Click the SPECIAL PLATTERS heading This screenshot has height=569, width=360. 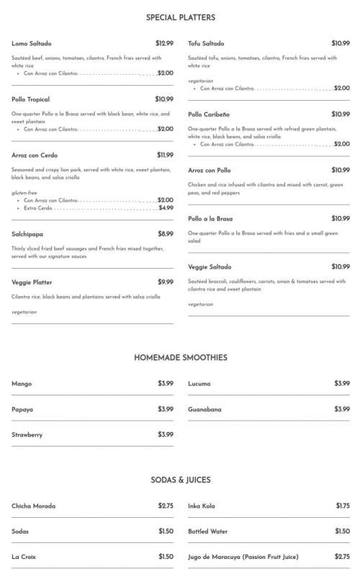click(180, 17)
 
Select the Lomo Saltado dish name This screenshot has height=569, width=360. click(32, 44)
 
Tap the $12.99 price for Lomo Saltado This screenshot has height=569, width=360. click(164, 44)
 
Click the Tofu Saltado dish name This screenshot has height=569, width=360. click(206, 44)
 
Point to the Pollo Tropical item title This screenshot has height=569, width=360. click(30, 99)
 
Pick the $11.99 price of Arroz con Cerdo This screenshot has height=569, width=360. click(165, 155)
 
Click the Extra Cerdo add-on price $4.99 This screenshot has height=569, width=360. click(166, 207)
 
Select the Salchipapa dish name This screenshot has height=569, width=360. click(27, 234)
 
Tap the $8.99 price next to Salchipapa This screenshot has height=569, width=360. click(166, 234)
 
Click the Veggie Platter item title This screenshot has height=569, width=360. click(32, 282)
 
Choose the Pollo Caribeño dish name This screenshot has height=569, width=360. click(209, 115)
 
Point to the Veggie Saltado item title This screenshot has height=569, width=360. click(210, 267)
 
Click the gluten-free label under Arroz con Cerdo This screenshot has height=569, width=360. click(24, 192)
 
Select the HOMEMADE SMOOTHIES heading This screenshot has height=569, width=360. click(180, 357)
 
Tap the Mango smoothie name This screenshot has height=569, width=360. click(22, 384)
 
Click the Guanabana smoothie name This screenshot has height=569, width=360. click(204, 410)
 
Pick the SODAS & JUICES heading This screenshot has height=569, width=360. click(180, 480)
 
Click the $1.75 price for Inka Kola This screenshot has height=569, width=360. click(343, 506)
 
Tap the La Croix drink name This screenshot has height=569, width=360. click(24, 557)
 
